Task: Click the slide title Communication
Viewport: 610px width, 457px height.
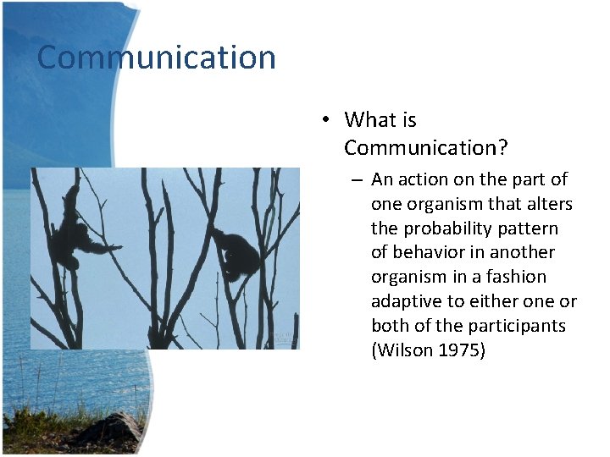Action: point(157,58)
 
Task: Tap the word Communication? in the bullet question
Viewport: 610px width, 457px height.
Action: point(425,148)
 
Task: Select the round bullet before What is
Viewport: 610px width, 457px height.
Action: point(325,120)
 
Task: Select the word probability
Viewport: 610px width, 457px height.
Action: point(438,228)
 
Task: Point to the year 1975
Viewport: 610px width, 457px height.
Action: point(462,350)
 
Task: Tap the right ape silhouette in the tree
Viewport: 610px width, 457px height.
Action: point(238,255)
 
